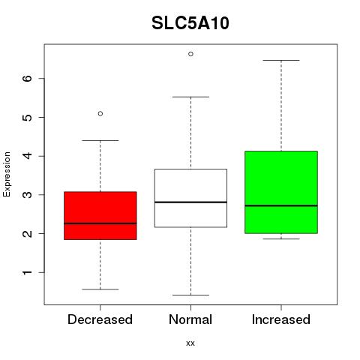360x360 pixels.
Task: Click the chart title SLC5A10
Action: point(190,23)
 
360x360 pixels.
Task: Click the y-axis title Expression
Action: point(7,174)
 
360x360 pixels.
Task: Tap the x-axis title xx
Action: point(190,343)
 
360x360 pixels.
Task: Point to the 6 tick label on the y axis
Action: point(27,78)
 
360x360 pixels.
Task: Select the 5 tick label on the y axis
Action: point(27,117)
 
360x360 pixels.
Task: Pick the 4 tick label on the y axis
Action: point(27,156)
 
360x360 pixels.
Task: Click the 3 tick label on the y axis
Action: point(27,195)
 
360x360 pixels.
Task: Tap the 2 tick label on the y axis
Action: point(27,233)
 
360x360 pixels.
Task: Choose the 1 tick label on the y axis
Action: point(27,272)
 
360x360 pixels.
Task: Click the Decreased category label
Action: point(100,319)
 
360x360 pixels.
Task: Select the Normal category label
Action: point(190,319)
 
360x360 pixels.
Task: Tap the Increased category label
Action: point(281,319)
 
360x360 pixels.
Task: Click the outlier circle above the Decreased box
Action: point(100,114)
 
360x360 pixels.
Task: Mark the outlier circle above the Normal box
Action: point(190,54)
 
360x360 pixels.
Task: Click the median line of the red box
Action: point(100,223)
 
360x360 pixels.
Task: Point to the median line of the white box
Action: point(190,202)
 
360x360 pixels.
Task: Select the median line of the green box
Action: point(281,205)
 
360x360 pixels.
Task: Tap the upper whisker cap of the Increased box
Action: point(281,60)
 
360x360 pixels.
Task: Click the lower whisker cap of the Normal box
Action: point(190,295)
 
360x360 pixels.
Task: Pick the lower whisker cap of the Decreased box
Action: point(100,289)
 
